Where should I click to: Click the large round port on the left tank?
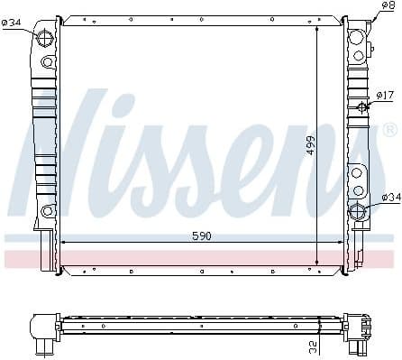46,38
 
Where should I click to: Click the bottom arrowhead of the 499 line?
317,263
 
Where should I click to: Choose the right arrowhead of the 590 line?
342,244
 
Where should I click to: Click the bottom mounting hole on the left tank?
46,210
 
